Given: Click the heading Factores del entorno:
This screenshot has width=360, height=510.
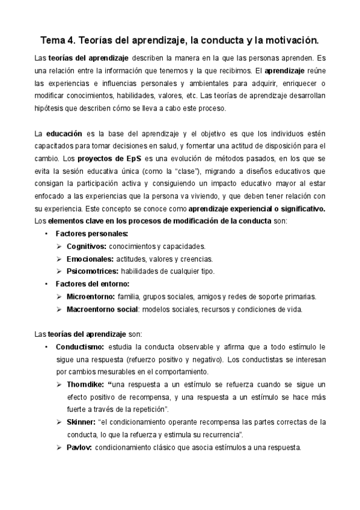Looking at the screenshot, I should [92, 284].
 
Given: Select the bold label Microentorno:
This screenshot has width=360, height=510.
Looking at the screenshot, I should [91, 296].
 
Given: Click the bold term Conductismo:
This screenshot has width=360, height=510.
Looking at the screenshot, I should [80, 347].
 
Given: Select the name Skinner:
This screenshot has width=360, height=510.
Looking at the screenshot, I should [81, 422].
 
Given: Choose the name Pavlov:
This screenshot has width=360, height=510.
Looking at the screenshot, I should [79, 447].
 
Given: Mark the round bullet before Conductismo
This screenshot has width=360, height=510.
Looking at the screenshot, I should [46, 347].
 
